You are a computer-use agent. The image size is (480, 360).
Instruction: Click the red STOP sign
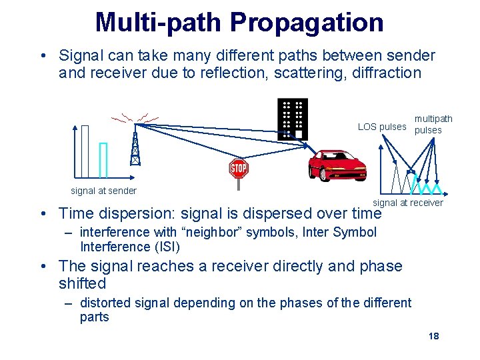pyautogui.click(x=239, y=168)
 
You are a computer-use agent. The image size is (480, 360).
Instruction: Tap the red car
pyautogui.click(x=337, y=165)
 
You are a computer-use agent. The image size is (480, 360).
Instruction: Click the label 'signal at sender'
pyautogui.click(x=103, y=191)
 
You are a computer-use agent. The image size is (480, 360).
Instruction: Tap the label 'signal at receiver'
pyautogui.click(x=407, y=203)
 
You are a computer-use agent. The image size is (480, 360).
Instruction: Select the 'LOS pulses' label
pyautogui.click(x=381, y=127)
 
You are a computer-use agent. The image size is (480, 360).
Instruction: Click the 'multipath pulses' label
pyautogui.click(x=433, y=125)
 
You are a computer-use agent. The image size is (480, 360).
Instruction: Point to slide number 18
pyautogui.click(x=433, y=336)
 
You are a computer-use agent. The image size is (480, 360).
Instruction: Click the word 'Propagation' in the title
pyautogui.click(x=307, y=22)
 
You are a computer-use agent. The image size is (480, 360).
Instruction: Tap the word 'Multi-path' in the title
pyautogui.click(x=159, y=22)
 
